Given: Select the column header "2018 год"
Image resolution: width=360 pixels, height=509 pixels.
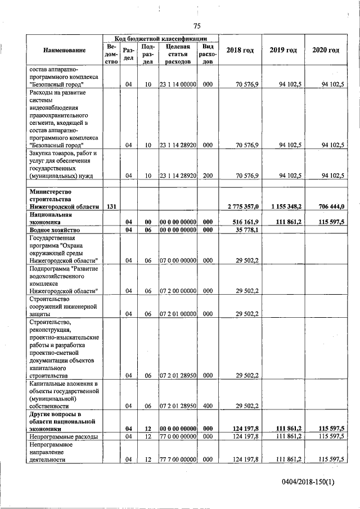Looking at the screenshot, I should pyautogui.click(x=240, y=51).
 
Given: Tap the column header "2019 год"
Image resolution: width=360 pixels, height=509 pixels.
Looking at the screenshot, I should pyautogui.click(x=283, y=51).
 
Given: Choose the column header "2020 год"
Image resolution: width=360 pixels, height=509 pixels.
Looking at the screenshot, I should pyautogui.click(x=326, y=51).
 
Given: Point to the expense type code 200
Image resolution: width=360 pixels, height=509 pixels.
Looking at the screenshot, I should pyautogui.click(x=208, y=176).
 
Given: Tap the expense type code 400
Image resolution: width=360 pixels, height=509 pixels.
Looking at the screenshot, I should pyautogui.click(x=208, y=406).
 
